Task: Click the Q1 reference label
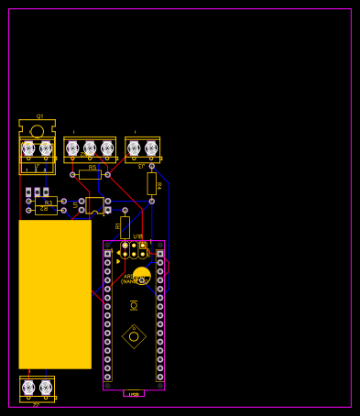click(x=39, y=116)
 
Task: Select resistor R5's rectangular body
click(x=90, y=174)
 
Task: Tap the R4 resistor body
click(x=152, y=183)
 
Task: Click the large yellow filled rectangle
click(x=55, y=294)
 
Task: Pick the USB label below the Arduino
click(x=134, y=394)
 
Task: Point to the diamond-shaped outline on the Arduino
click(x=134, y=336)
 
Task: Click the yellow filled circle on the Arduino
click(x=141, y=274)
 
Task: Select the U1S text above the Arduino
click(x=138, y=236)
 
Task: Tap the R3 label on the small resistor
click(x=48, y=203)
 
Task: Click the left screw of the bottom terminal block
click(x=28, y=388)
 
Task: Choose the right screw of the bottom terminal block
click(x=46, y=388)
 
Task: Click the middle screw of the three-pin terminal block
click(x=90, y=148)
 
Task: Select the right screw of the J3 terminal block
click(x=151, y=148)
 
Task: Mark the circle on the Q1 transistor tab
click(x=37, y=131)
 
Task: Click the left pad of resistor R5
click(x=73, y=174)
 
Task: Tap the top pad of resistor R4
click(x=152, y=166)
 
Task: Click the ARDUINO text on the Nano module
click(x=134, y=276)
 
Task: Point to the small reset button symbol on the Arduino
click(x=134, y=305)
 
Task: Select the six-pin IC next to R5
click(x=94, y=205)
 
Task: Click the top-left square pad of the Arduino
click(x=108, y=254)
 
